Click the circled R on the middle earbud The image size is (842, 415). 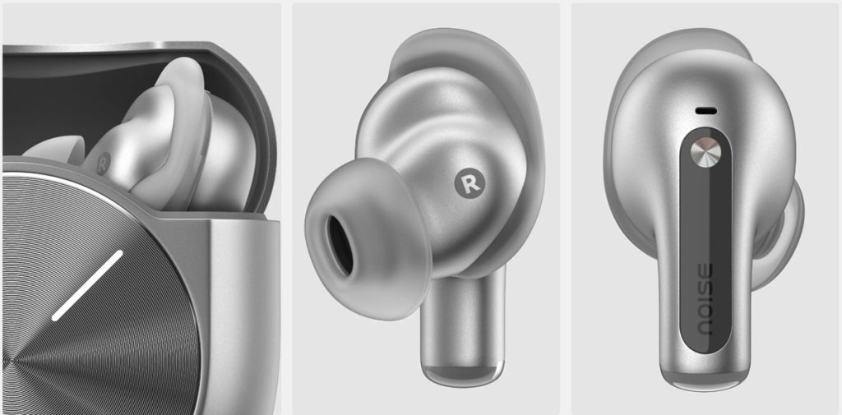click(x=470, y=183)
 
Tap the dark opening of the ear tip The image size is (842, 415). click(x=341, y=245)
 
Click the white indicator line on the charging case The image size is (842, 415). click(x=87, y=286)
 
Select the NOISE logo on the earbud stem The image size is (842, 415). click(x=704, y=299)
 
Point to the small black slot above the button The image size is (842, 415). click(x=706, y=111)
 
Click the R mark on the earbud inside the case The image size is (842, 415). click(x=103, y=164)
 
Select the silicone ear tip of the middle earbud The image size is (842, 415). click(x=368, y=239)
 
